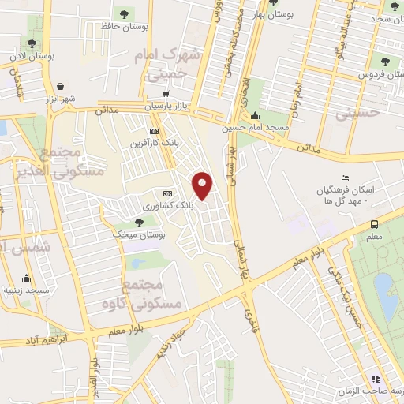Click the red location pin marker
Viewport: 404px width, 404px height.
pos(204,186)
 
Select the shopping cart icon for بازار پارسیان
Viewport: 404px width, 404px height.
pos(165,93)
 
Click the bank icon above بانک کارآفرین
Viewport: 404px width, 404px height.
pos(154,132)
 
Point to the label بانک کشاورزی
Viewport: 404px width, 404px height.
pos(167,205)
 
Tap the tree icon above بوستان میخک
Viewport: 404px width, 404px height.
pos(139,223)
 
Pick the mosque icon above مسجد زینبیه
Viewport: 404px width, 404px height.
pos(27,278)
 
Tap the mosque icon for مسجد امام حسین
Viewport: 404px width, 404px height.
pos(254,115)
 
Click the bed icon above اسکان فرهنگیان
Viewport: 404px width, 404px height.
pos(343,178)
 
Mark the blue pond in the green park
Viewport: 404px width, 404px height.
pos(386,296)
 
